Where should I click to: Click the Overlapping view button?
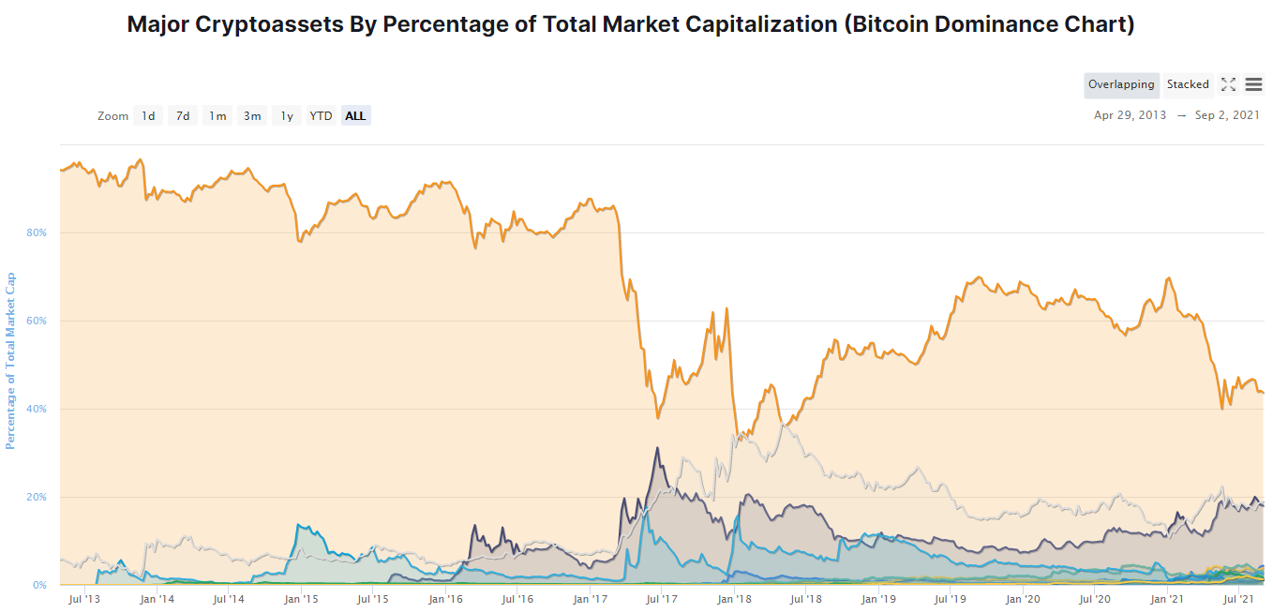pyautogui.click(x=1121, y=84)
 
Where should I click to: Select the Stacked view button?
pyautogui.click(x=1188, y=84)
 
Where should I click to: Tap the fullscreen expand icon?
pyautogui.click(x=1228, y=84)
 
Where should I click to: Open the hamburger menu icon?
pyautogui.click(x=1253, y=84)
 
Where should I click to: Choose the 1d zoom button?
pyautogui.click(x=148, y=116)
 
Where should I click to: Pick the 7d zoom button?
pyautogui.click(x=183, y=116)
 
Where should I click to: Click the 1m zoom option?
pyautogui.click(x=217, y=116)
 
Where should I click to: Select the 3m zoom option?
pyautogui.click(x=252, y=116)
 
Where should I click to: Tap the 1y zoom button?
pyautogui.click(x=287, y=116)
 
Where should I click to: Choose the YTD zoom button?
pyautogui.click(x=321, y=116)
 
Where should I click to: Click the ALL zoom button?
pyautogui.click(x=355, y=116)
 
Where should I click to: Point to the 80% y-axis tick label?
pyautogui.click(x=38, y=232)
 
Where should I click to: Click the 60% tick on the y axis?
pyautogui.click(x=38, y=321)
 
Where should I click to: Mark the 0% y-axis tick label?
pyautogui.click(x=40, y=585)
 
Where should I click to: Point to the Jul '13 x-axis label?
pyautogui.click(x=84, y=599)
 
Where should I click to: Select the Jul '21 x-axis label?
pyautogui.click(x=1240, y=599)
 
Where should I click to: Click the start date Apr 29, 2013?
pyautogui.click(x=1131, y=115)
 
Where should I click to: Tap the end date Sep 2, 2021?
pyautogui.click(x=1227, y=115)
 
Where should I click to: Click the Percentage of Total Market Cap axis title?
pyautogui.click(x=11, y=361)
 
